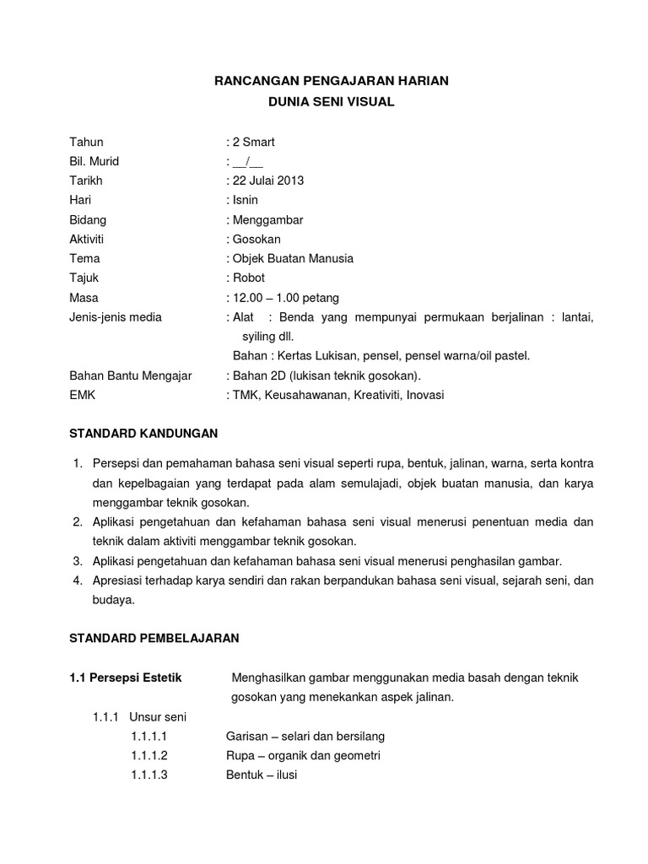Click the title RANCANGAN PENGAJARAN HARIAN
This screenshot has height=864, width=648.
point(329,81)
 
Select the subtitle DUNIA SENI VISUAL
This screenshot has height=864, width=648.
point(330,102)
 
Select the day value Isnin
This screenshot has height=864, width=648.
point(246,200)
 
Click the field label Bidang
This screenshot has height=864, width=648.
point(88,219)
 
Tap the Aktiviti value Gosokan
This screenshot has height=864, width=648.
point(255,239)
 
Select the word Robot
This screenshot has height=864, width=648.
point(248,278)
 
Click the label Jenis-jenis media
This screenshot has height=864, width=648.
point(115,317)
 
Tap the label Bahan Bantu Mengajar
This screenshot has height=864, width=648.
point(130,375)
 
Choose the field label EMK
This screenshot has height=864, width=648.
point(82,395)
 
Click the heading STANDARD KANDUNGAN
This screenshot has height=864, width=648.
point(143,434)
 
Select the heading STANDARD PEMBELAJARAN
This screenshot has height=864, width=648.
point(154,639)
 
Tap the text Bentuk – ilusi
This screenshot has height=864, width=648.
point(262,775)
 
